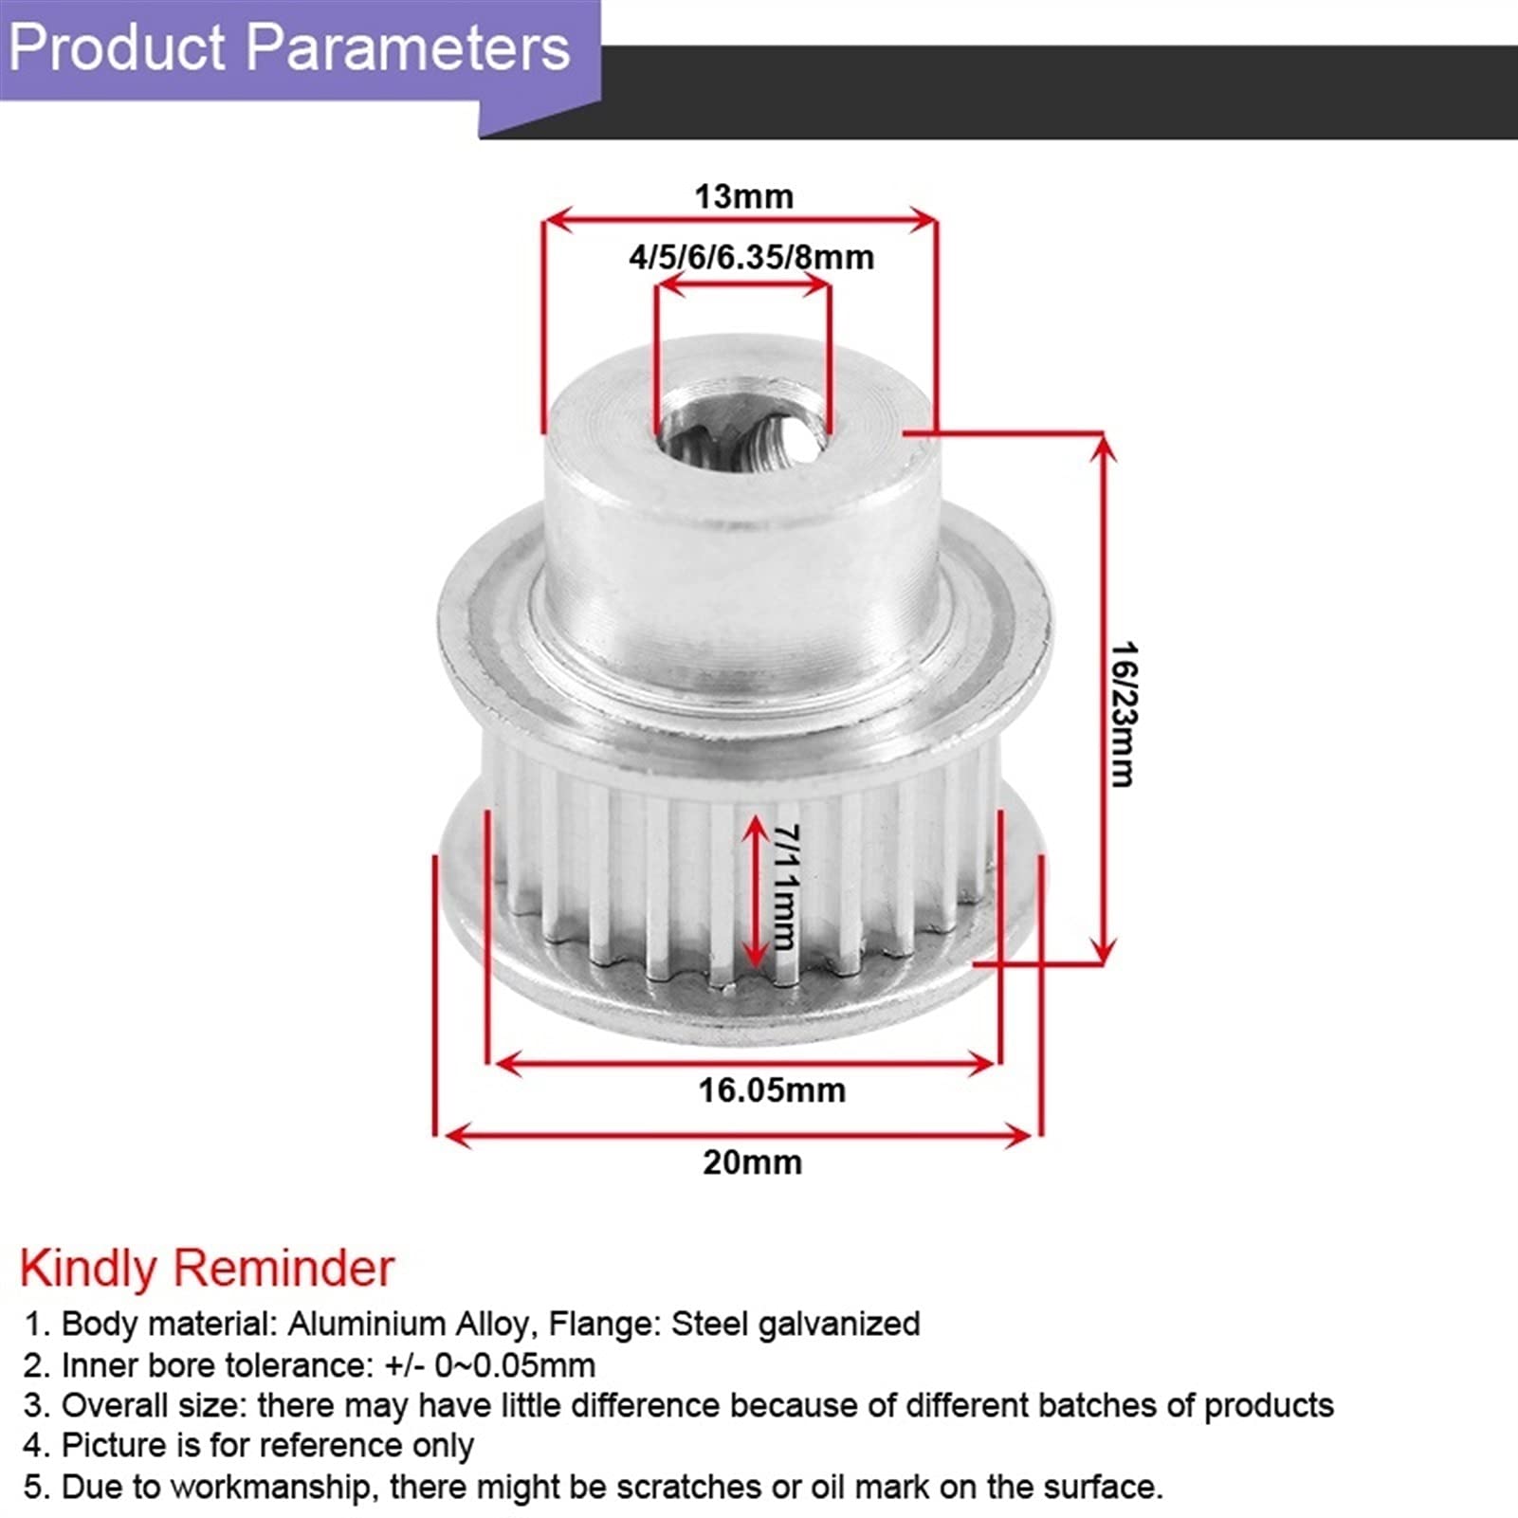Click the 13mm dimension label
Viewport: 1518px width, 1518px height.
click(x=743, y=196)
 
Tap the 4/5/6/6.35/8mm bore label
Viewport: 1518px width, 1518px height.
click(x=751, y=257)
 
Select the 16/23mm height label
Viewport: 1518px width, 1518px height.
click(x=1124, y=714)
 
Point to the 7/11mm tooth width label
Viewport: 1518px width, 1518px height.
click(x=786, y=887)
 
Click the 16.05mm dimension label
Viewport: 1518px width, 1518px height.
click(x=772, y=1090)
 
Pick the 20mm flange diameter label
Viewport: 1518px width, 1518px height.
click(x=752, y=1162)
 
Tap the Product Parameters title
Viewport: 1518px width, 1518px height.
click(x=289, y=47)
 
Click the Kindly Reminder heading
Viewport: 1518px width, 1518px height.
click(x=207, y=1269)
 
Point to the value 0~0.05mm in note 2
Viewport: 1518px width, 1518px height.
click(x=515, y=1365)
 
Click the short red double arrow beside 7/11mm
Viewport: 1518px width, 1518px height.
click(x=755, y=891)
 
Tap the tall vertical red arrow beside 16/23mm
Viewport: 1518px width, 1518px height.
click(x=1102, y=699)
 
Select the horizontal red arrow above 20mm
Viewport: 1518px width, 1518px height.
click(x=738, y=1135)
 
